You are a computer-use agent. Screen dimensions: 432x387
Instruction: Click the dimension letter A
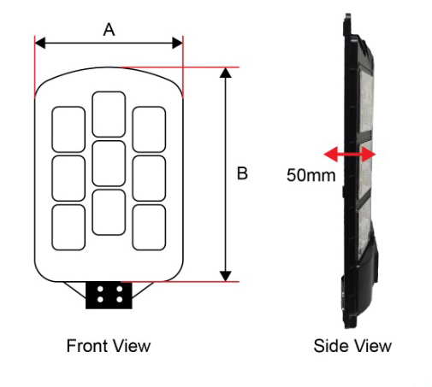(x=109, y=30)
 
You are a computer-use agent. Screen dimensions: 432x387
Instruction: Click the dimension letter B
(x=242, y=173)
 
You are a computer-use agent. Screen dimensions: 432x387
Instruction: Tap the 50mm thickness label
(x=311, y=175)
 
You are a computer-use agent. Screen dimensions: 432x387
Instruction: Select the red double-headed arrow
(x=350, y=155)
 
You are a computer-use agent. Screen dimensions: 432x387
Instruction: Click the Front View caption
(x=109, y=346)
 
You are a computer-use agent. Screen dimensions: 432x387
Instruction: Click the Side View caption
(x=352, y=346)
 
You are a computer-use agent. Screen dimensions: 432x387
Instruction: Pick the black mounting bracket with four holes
(x=109, y=296)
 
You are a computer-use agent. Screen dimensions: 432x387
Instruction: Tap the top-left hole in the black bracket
(x=100, y=290)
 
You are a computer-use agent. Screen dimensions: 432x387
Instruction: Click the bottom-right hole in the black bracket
(x=120, y=300)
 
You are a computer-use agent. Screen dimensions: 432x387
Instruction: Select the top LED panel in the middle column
(x=109, y=114)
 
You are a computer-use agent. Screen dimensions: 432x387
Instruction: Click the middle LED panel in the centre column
(x=109, y=163)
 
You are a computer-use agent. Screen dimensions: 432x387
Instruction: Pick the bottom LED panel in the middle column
(x=109, y=212)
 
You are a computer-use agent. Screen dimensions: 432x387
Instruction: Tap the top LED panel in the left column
(x=68, y=129)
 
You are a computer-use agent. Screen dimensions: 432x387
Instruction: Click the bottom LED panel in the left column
(x=68, y=227)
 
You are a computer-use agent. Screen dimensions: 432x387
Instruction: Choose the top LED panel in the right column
(x=149, y=129)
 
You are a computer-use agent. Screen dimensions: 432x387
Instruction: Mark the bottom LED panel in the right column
(x=149, y=227)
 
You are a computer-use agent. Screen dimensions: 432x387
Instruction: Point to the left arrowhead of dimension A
(x=40, y=43)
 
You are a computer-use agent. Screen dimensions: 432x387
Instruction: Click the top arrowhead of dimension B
(x=226, y=73)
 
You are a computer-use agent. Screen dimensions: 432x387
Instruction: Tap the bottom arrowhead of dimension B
(x=226, y=276)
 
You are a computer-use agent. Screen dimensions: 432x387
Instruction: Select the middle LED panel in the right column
(x=149, y=179)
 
